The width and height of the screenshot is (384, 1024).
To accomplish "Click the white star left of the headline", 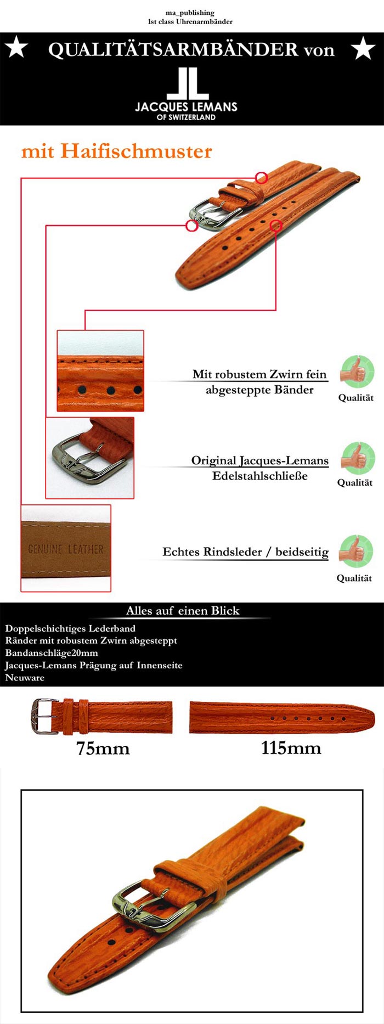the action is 16,48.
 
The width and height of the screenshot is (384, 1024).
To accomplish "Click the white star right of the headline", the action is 363,48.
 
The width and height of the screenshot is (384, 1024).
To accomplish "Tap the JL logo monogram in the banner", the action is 187,84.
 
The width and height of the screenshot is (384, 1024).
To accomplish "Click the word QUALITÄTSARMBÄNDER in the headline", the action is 173,49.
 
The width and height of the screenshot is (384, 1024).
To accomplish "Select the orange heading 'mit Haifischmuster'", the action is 116,151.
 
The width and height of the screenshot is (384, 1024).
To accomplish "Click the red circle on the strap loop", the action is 261,177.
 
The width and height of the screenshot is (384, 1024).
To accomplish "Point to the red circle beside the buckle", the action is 191,225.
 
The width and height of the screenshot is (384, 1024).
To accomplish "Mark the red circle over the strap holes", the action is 276,225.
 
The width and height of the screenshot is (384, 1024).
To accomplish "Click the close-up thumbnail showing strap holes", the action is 100,371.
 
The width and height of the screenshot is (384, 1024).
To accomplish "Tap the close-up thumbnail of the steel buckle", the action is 89,458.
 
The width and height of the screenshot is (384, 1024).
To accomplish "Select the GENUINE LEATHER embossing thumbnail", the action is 66,548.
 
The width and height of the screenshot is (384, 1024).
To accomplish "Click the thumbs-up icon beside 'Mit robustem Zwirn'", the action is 357,372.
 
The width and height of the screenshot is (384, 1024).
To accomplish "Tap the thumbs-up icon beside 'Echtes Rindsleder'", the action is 355,552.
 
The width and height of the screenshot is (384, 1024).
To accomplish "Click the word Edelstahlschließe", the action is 260,476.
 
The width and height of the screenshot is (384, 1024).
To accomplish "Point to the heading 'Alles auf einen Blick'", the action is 183,611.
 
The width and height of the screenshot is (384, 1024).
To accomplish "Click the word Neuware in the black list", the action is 25,678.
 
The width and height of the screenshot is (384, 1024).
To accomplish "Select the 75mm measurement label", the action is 103,748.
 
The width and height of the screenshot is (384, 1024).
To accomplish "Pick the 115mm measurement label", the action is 291,748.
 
